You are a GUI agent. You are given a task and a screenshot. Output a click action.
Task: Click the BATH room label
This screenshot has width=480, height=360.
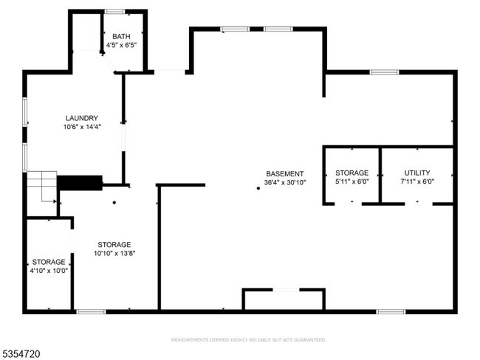click(121, 37)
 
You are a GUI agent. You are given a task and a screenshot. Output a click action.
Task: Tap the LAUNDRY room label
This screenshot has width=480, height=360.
click(82, 118)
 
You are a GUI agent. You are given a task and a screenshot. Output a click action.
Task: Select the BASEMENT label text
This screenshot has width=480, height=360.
click(285, 174)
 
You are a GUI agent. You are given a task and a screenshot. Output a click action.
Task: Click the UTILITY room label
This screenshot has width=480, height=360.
click(417, 173)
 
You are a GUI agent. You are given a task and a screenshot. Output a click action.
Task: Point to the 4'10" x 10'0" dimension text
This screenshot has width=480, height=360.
click(49, 271)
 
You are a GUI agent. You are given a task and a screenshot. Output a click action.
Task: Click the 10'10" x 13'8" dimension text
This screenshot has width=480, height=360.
click(114, 253)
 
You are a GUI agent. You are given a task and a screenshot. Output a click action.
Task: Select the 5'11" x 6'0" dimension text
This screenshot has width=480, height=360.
click(352, 181)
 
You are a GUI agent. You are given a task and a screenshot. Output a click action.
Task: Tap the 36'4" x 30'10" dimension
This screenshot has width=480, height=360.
click(285, 183)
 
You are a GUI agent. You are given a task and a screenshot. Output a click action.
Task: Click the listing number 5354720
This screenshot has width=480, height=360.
click(20, 354)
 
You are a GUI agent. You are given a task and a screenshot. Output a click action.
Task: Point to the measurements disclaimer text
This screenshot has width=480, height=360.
click(248, 340)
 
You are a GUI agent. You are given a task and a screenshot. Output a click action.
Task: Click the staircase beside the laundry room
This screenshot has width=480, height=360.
click(42, 187)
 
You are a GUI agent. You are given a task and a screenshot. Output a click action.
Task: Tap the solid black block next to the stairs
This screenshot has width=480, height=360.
click(80, 183)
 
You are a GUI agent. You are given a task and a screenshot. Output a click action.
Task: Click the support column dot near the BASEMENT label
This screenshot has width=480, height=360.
click(258, 188)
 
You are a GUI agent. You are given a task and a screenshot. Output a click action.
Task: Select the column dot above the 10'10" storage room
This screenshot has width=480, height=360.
click(114, 202)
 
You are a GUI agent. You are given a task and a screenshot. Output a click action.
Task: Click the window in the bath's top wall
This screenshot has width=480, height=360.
click(114, 12)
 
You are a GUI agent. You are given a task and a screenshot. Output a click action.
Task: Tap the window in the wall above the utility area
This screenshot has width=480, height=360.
click(384, 72)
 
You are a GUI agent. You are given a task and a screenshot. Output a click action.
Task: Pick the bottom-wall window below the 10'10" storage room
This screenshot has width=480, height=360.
click(91, 311)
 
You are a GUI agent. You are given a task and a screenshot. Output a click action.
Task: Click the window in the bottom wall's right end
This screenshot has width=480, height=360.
click(391, 311)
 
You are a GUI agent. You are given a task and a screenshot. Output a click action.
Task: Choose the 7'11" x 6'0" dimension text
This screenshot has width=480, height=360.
click(417, 181)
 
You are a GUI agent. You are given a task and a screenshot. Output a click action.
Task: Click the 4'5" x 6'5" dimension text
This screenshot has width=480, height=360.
click(121, 45)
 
